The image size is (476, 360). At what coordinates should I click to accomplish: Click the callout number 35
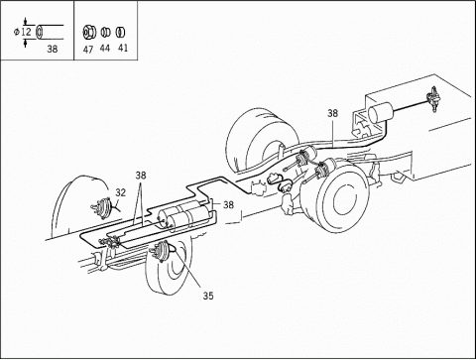208,296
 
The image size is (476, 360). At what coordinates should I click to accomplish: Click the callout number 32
121,192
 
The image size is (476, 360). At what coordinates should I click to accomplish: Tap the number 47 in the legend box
88,50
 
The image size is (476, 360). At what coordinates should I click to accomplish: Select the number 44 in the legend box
105,49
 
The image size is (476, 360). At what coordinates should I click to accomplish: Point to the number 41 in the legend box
123,48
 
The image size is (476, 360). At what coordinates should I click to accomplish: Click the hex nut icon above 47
89,32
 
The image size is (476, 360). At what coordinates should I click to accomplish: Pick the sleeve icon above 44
105,33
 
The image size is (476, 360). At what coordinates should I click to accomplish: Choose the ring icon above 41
120,32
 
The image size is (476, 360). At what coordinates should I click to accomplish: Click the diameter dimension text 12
26,32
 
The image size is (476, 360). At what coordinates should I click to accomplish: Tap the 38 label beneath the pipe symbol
53,50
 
